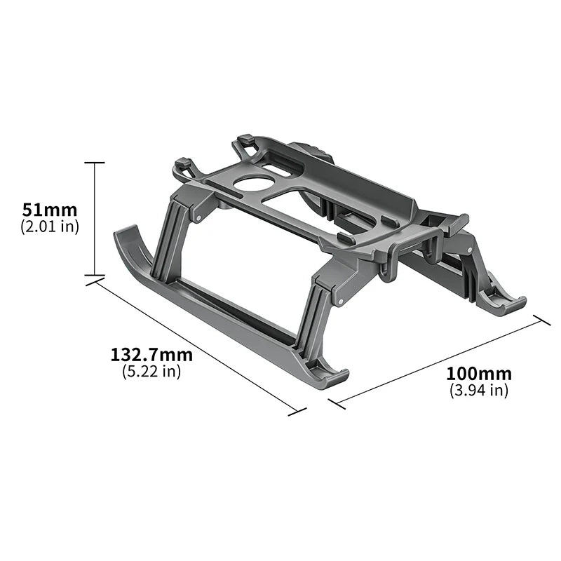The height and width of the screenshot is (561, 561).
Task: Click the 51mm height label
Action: click(x=49, y=210)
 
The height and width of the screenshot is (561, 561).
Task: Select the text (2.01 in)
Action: click(x=49, y=226)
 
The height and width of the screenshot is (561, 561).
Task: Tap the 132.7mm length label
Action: click(x=151, y=355)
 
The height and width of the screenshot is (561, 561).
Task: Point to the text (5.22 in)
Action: click(x=151, y=372)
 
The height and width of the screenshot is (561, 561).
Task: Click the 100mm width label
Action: click(x=480, y=374)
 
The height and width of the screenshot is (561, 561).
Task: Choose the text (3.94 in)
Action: click(x=480, y=391)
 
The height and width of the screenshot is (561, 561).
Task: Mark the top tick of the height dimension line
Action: click(x=95, y=163)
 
